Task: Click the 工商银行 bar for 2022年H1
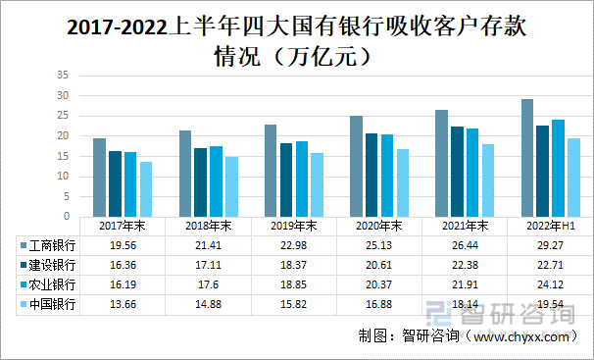point(527,158)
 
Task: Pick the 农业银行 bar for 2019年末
point(302,179)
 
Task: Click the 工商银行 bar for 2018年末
point(185,174)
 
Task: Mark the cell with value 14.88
point(208,304)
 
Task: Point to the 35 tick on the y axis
point(62,75)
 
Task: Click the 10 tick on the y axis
point(62,177)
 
